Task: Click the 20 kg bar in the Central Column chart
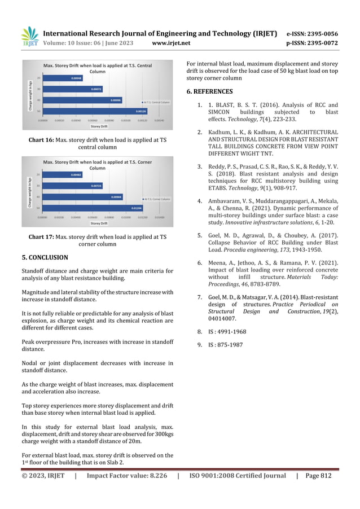tap(62, 78)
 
